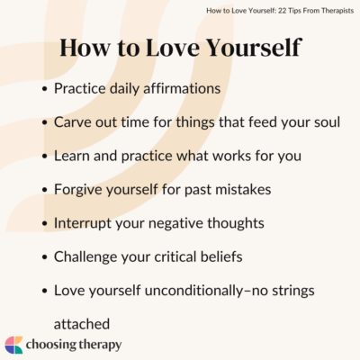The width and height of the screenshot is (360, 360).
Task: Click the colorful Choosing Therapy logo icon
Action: [x=14, y=344]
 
